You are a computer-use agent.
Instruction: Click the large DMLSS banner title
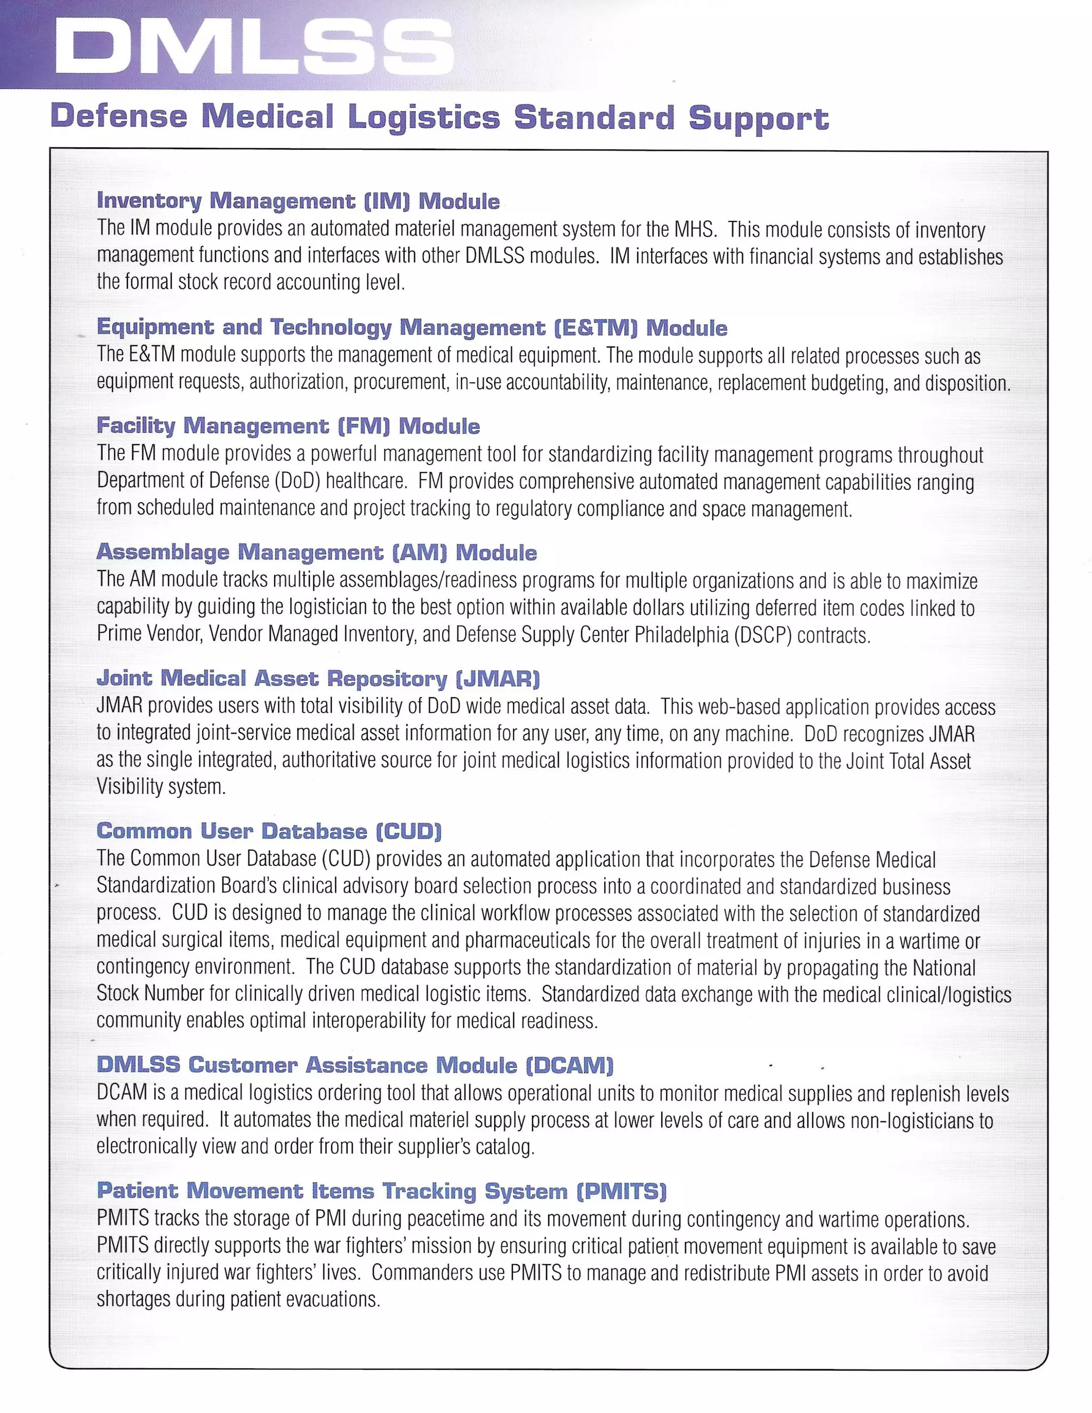click(x=254, y=46)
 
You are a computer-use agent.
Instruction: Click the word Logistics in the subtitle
click(x=424, y=118)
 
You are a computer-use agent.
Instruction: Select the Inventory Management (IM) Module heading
click(x=298, y=201)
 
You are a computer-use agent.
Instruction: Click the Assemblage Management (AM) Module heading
click(x=316, y=552)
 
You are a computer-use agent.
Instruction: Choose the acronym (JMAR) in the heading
click(x=497, y=679)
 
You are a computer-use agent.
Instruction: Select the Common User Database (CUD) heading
click(x=269, y=831)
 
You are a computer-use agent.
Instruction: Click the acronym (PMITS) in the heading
click(x=621, y=1191)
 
